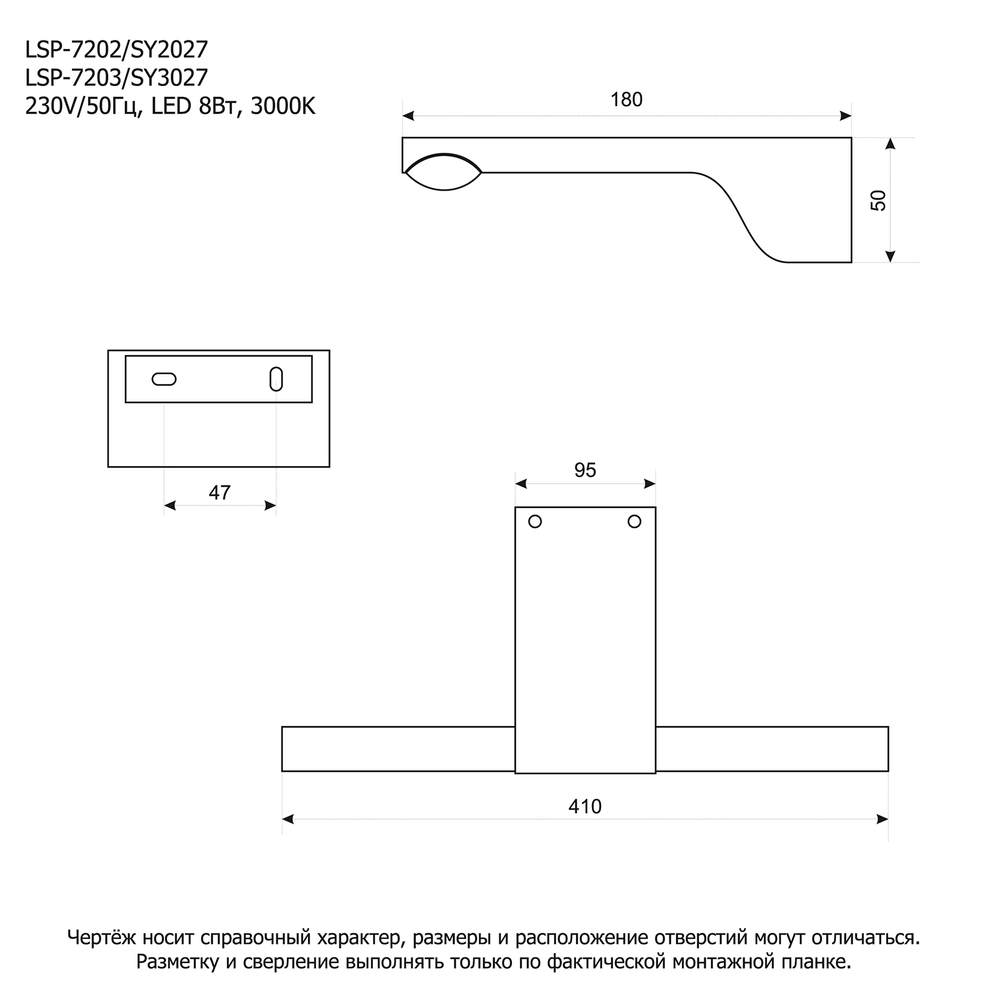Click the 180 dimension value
pos(626,100)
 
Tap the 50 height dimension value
pos(879,200)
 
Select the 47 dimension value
pos(220,493)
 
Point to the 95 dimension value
pos(585,470)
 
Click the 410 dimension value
pos(585,807)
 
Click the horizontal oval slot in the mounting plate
pos(164,379)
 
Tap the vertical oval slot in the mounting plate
pos(276,379)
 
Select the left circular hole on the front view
pos(535,522)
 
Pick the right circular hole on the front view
pos(634,522)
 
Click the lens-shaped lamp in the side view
pos(443,172)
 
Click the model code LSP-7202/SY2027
pos(116,49)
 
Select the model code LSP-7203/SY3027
pos(116,77)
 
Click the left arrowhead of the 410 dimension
pos(288,819)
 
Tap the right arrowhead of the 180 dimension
pos(845,116)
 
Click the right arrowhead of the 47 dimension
pos(270,506)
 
